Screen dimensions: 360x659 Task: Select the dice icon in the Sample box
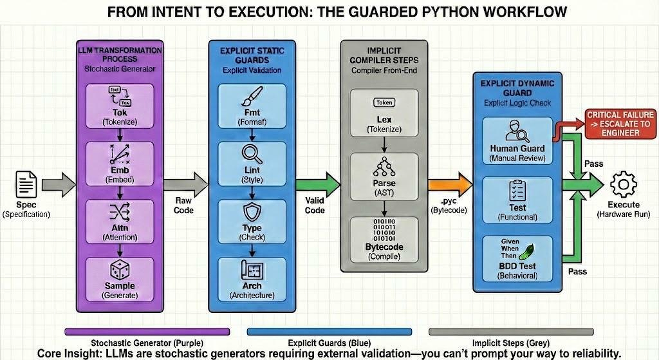pyautogui.click(x=120, y=271)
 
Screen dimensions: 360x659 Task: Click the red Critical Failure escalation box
pyautogui.click(x=620, y=124)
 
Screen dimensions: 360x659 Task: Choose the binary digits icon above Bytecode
pyautogui.click(x=384, y=231)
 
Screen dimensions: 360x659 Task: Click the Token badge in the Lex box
pyautogui.click(x=384, y=102)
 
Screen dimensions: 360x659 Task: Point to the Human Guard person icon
pyautogui.click(x=517, y=132)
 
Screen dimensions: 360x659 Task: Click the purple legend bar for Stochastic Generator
pyautogui.click(x=147, y=332)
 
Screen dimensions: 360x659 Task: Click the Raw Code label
pyautogui.click(x=183, y=205)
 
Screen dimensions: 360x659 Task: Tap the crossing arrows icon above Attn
pyautogui.click(x=120, y=213)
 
